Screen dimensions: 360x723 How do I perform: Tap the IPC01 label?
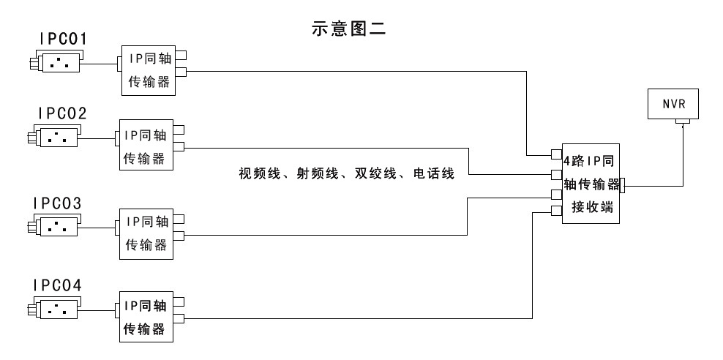(x=63, y=39)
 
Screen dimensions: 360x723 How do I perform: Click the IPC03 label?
(x=56, y=202)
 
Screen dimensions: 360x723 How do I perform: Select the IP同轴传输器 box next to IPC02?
(x=146, y=145)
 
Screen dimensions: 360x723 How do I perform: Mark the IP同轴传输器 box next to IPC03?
(x=147, y=233)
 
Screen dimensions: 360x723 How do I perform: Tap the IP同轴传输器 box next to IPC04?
(x=147, y=315)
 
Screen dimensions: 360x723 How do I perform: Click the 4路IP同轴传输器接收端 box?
(x=591, y=183)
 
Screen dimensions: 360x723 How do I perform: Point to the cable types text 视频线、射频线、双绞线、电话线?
(x=347, y=174)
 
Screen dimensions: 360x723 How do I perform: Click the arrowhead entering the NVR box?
(x=683, y=126)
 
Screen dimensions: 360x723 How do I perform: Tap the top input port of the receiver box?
(x=557, y=154)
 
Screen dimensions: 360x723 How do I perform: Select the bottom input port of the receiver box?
(x=557, y=211)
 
